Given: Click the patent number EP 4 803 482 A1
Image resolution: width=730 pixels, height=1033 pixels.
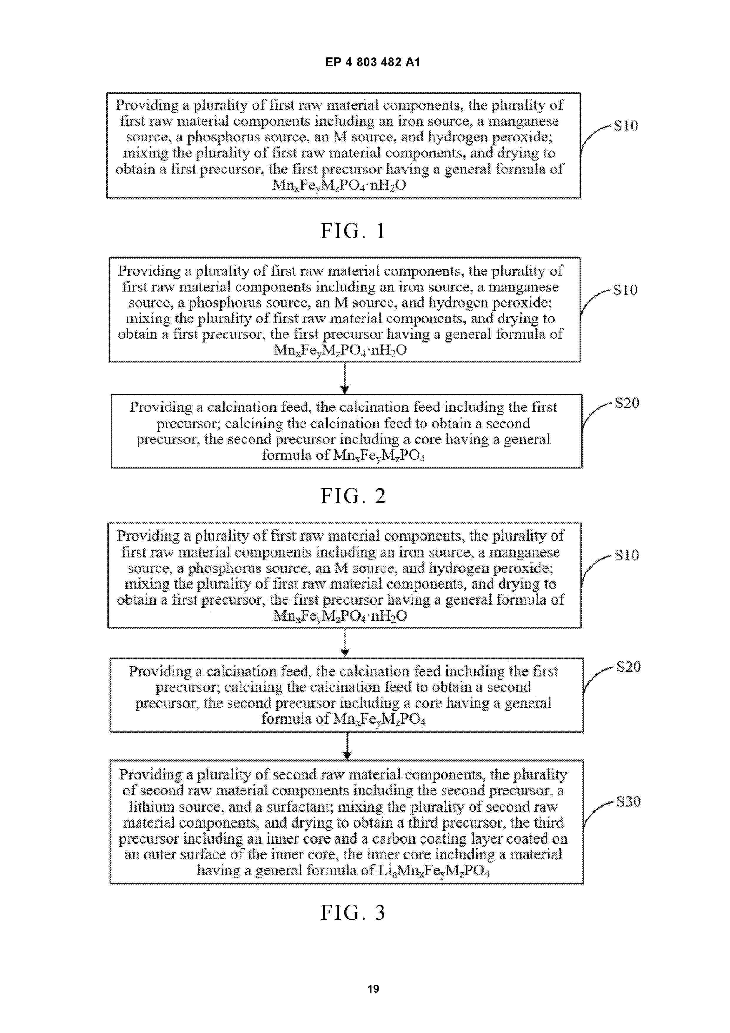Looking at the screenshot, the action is tap(373, 62).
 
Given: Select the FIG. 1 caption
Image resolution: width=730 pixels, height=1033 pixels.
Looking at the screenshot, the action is tap(353, 231).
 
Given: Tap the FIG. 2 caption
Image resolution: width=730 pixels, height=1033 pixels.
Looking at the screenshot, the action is tap(353, 496).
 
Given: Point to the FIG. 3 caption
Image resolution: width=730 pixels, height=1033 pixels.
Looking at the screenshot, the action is tap(353, 913).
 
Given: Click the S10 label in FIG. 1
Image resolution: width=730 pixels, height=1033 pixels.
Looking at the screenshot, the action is tap(626, 125).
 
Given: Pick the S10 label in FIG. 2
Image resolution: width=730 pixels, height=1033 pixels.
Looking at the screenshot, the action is tap(626, 290).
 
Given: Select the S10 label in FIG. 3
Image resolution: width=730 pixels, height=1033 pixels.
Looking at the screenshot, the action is tap(627, 555).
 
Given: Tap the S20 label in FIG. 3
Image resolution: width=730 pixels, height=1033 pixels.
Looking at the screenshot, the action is tap(628, 666).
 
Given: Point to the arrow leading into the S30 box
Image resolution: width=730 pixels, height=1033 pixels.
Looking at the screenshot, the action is tap(347, 746).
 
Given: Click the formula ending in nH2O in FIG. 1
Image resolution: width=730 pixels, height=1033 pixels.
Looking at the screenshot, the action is tap(339, 185).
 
